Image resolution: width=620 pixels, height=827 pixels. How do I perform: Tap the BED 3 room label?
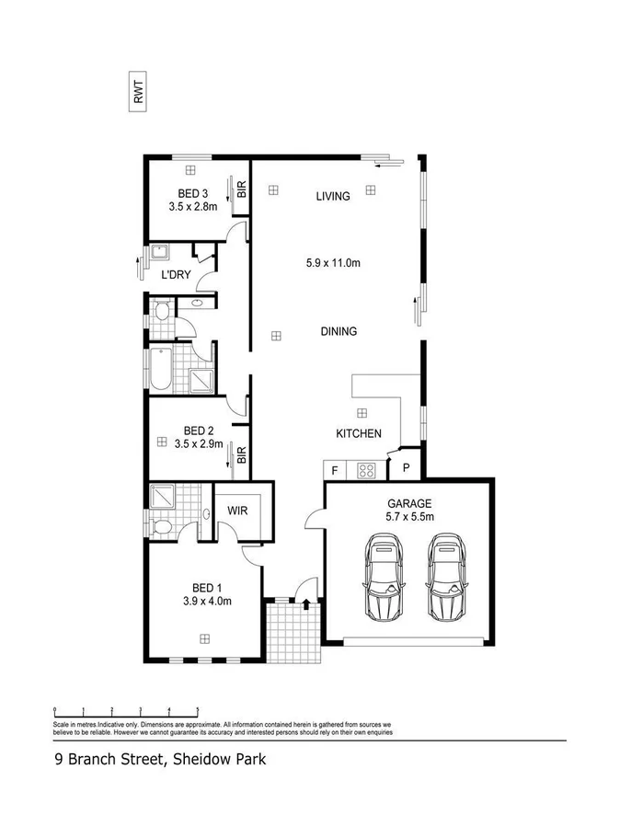coord(192,193)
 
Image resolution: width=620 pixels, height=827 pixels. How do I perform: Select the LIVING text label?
coord(332,196)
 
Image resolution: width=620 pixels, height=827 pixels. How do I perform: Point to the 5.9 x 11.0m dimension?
coord(332,263)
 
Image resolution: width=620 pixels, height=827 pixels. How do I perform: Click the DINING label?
coord(338,332)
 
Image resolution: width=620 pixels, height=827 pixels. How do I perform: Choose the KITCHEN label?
coord(358,433)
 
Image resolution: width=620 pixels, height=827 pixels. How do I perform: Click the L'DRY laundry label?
coord(176,275)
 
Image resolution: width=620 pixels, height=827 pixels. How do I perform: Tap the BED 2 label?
coord(198,431)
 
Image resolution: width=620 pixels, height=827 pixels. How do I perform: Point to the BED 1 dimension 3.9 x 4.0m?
coord(207,602)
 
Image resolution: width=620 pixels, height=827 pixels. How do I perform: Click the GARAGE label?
coord(409,504)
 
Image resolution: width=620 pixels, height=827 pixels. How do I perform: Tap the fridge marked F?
coord(334,471)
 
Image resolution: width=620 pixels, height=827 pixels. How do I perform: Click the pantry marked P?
coord(406,468)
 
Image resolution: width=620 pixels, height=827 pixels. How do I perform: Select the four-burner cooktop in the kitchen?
coord(366,471)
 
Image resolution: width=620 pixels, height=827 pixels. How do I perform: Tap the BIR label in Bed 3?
coord(242,190)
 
